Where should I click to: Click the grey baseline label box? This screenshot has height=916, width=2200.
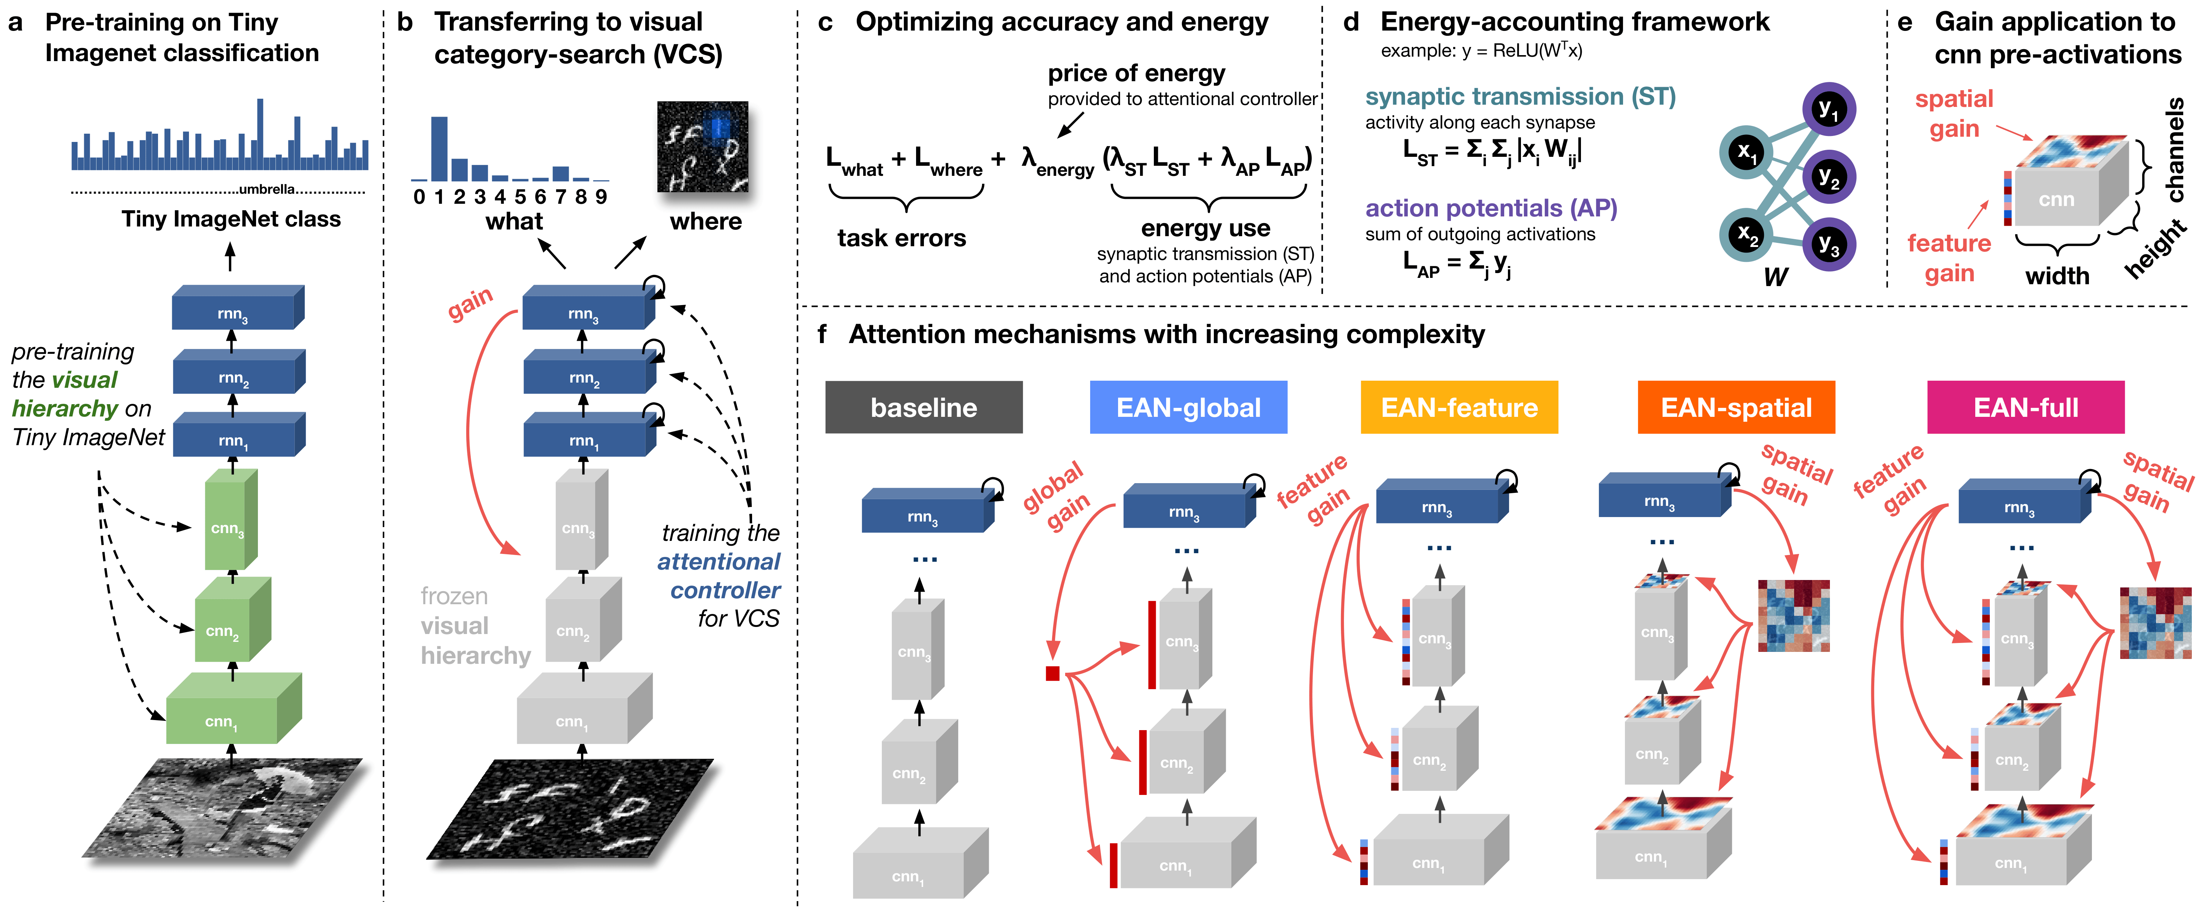(923, 407)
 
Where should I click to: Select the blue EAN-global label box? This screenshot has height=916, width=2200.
(1188, 407)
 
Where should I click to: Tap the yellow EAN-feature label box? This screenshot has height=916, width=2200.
(1459, 407)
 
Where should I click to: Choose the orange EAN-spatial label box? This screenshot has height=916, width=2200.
(1735, 407)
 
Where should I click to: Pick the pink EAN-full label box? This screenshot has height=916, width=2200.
(2025, 407)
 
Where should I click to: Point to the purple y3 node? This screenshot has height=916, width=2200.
(1828, 245)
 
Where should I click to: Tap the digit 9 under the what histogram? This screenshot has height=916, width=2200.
(601, 197)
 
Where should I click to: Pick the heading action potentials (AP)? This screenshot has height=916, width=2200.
(1490, 208)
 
